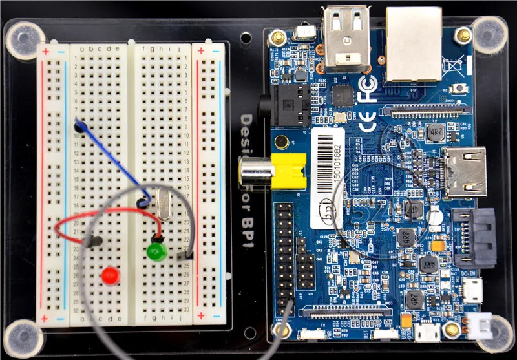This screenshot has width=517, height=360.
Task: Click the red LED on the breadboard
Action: (x=111, y=276)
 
